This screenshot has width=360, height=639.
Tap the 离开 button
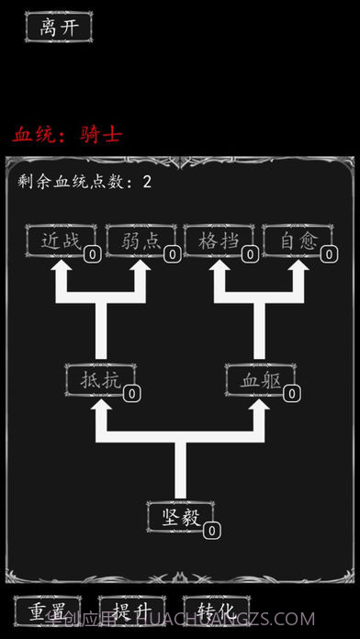tap(59, 27)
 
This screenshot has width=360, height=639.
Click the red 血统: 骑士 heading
tap(67, 135)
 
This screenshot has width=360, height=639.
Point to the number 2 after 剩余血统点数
tap(147, 182)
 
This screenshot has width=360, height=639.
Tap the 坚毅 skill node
tap(180, 515)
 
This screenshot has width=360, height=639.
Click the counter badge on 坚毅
tap(212, 531)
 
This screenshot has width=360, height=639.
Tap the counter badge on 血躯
tap(293, 394)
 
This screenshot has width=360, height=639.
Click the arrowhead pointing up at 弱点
tap(141, 272)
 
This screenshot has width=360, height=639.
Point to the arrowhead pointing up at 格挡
tap(220, 272)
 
